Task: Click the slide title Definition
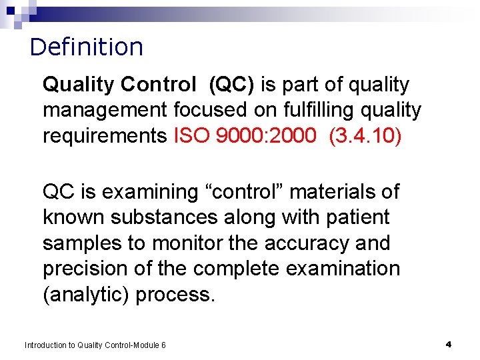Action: click(x=87, y=47)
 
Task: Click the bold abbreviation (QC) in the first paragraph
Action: click(x=231, y=85)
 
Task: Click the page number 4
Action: click(x=449, y=344)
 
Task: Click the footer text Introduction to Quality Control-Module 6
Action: click(x=95, y=345)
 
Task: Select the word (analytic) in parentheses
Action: click(x=86, y=295)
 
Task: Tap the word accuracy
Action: click(x=303, y=243)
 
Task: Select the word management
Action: click(x=105, y=110)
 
